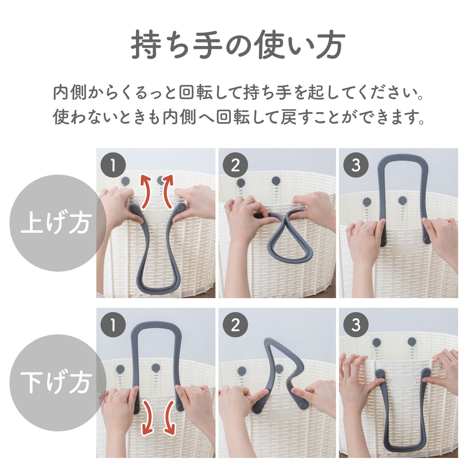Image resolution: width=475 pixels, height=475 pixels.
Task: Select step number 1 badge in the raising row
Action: (x=113, y=165)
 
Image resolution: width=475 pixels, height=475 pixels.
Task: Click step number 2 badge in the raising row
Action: (x=235, y=165)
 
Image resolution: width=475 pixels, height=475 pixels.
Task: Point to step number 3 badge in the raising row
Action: (x=356, y=165)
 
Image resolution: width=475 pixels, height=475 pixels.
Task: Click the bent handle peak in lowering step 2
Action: (x=269, y=341)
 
